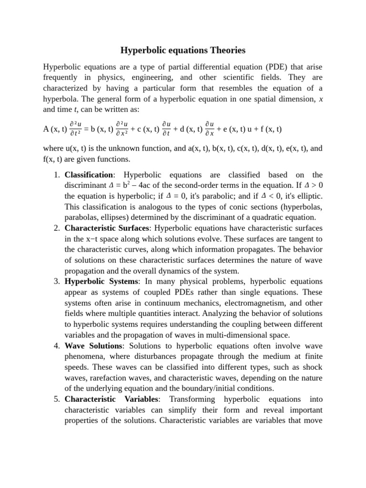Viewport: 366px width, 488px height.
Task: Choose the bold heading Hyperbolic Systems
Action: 102,281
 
